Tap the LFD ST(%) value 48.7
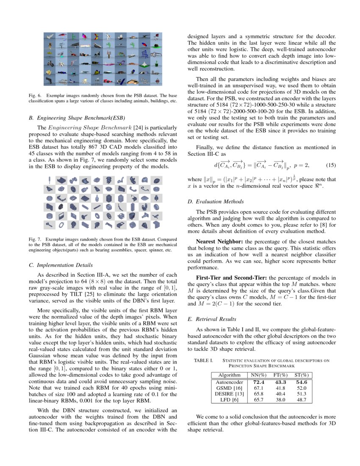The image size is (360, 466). [302, 399]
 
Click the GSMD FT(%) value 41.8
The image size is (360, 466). [280, 388]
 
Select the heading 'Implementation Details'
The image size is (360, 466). [64, 265]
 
